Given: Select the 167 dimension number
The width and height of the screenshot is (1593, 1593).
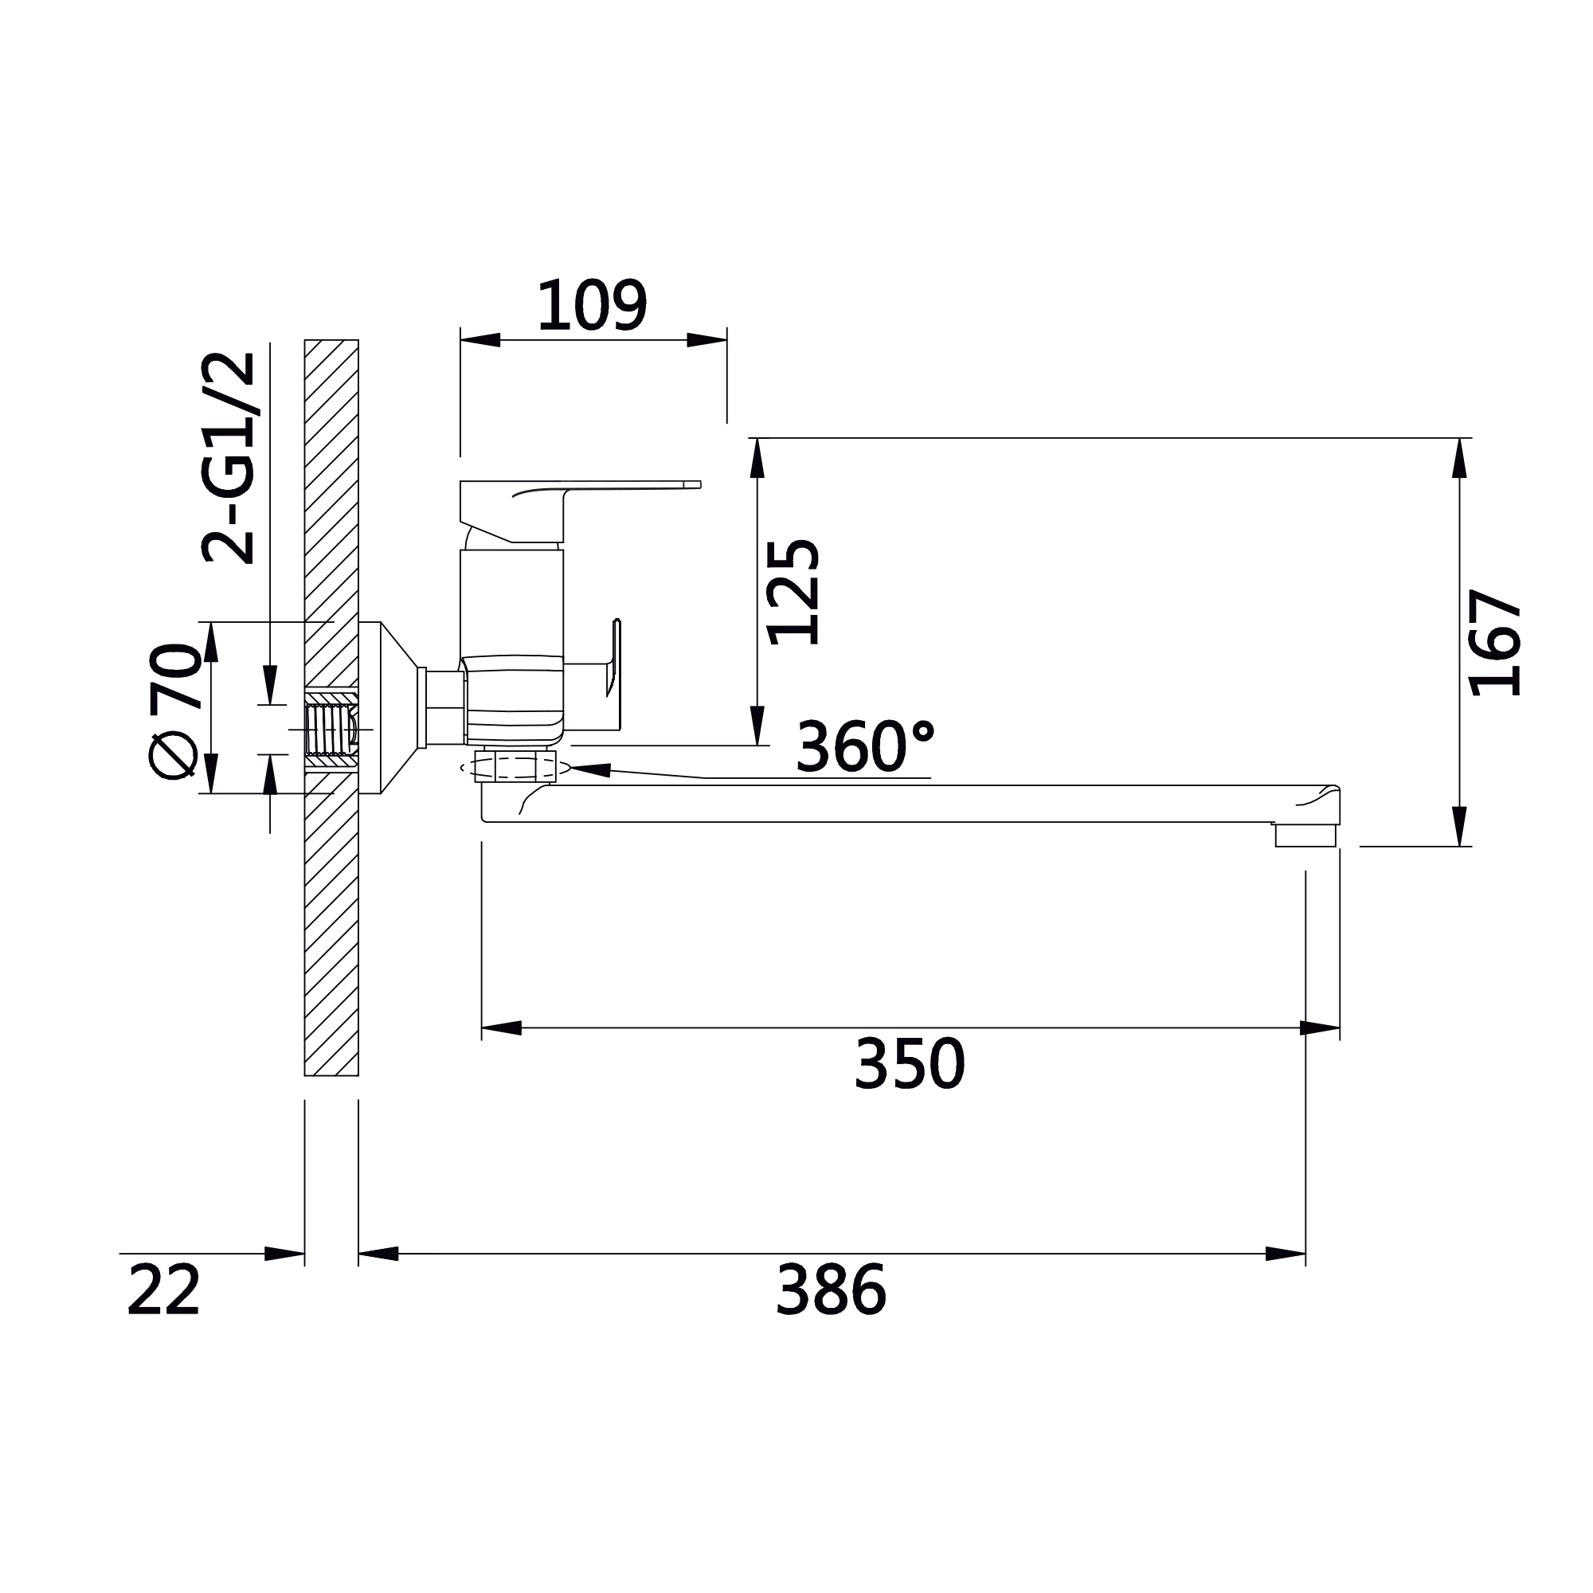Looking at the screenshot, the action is point(1495,642).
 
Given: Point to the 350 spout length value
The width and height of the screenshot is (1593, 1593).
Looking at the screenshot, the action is point(909,1063).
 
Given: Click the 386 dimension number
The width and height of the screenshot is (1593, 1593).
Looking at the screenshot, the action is point(830,1290).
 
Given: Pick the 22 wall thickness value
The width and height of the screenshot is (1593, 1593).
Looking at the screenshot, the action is point(163,1290).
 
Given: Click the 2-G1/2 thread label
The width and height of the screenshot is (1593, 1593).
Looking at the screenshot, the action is point(229,458).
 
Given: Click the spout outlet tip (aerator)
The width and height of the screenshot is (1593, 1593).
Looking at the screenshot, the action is point(1305,836).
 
